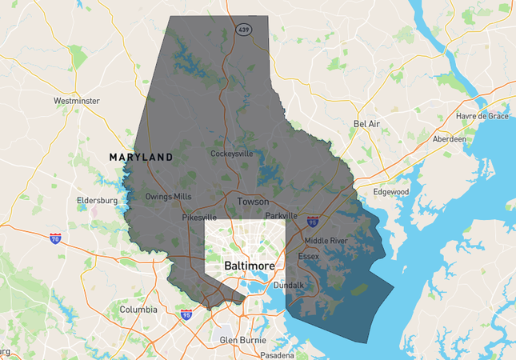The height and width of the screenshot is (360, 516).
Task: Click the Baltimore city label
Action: tap(249, 266)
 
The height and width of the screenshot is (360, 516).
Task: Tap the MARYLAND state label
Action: tap(141, 158)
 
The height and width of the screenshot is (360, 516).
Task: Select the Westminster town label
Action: tap(77, 101)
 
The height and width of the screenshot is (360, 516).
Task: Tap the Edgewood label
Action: tap(391, 192)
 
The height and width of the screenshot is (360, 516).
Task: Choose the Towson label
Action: tap(252, 202)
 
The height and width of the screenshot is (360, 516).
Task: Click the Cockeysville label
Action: tap(232, 154)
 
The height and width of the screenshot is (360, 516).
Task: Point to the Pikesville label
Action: tap(199, 217)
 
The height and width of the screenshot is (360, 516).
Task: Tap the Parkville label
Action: tap(282, 216)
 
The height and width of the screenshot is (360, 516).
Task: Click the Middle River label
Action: tap(326, 240)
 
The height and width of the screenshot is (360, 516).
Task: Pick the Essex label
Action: tap(308, 256)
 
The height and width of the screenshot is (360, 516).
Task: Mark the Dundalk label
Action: tap(289, 285)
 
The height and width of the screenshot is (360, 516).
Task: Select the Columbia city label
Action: tap(138, 309)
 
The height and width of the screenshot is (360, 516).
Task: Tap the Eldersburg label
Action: tap(97, 200)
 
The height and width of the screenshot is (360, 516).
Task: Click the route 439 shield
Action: tap(241, 29)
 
